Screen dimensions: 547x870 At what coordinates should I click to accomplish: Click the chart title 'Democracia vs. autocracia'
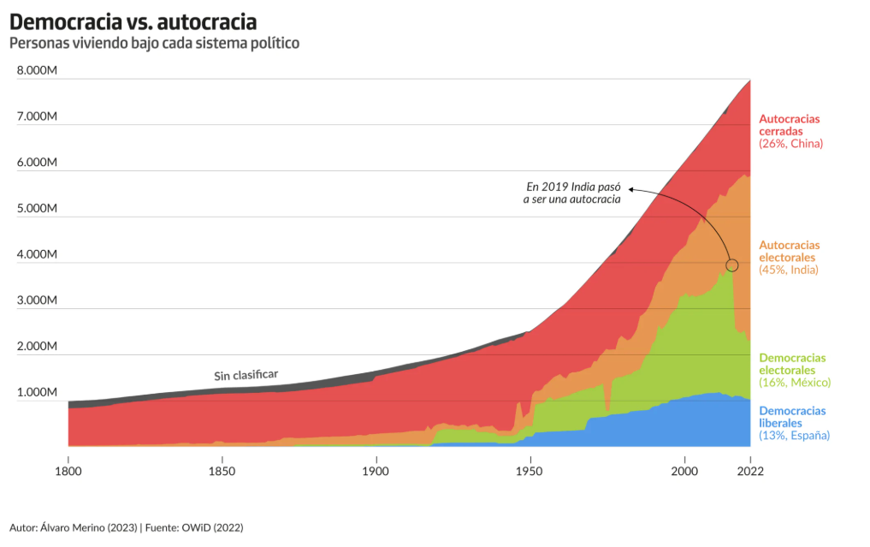click(133, 20)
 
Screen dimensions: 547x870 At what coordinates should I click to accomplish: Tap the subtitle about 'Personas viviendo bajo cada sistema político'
click(154, 42)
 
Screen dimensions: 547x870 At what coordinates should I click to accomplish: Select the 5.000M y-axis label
click(37, 208)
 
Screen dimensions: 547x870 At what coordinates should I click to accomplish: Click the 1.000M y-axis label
click(37, 392)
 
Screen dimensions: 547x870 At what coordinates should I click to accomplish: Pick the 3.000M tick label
click(37, 300)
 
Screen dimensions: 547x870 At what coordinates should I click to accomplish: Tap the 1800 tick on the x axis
click(68, 471)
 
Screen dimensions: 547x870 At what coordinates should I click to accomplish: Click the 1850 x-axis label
click(222, 471)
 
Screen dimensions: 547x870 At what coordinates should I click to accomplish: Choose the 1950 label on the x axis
click(530, 471)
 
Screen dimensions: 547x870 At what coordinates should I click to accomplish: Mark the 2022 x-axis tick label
click(750, 471)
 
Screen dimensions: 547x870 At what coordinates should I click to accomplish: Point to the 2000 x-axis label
click(684, 471)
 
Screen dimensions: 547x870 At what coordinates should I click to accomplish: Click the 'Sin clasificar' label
click(246, 375)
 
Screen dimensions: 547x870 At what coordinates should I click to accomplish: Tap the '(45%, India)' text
click(789, 270)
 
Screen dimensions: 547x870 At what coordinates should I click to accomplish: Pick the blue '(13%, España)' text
click(795, 436)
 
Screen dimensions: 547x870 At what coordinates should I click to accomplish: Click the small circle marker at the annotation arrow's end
click(731, 265)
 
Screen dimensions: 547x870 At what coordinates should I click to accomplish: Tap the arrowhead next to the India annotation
click(630, 187)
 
